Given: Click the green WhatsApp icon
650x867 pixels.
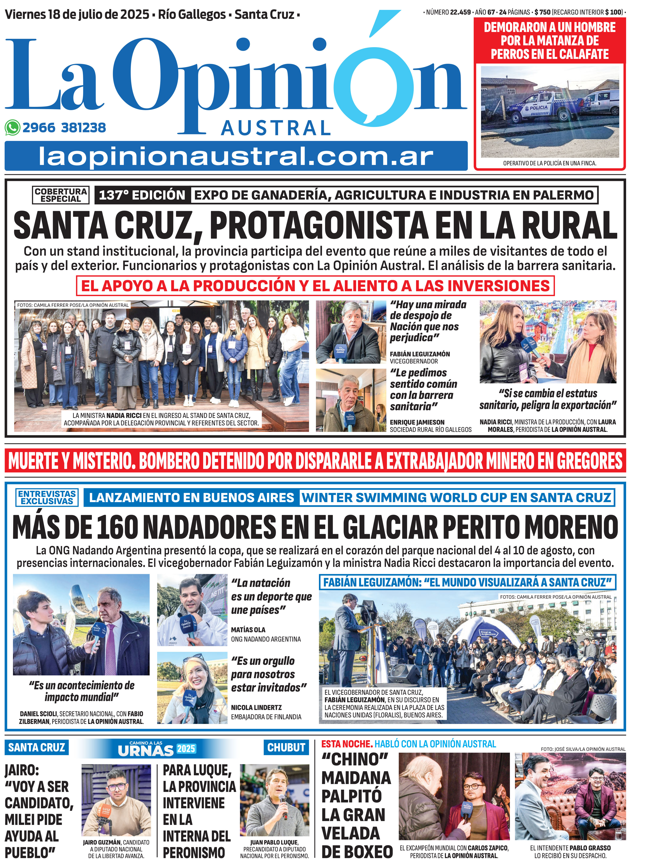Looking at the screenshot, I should (x=13, y=128).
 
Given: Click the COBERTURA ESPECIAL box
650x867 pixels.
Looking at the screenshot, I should (x=61, y=195).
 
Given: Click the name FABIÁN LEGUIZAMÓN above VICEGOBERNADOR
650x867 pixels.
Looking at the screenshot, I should (x=420, y=354).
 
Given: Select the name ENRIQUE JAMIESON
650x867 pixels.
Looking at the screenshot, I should (x=417, y=422).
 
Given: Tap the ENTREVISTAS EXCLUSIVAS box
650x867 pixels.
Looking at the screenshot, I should (x=47, y=497).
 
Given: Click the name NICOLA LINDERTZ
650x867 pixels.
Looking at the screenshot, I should (x=256, y=708).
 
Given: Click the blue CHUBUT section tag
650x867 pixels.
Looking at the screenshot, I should (x=286, y=747).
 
